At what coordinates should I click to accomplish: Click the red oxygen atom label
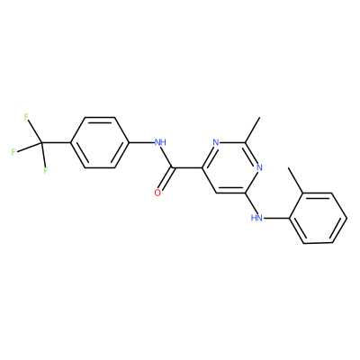click(x=157, y=193)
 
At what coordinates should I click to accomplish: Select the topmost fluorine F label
click(x=26, y=117)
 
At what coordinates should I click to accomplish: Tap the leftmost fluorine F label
click(x=13, y=152)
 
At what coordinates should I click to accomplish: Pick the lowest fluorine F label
click(x=46, y=171)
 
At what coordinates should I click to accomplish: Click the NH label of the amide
click(x=160, y=142)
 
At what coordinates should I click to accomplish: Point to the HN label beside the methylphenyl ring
click(x=256, y=218)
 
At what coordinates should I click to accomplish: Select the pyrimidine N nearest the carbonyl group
click(x=216, y=142)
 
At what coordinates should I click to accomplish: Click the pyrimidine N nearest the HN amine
click(x=259, y=167)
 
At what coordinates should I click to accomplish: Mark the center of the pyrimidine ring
click(x=231, y=167)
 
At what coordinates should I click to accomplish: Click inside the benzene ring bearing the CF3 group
click(x=100, y=142)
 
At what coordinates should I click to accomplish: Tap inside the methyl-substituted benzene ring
click(x=318, y=218)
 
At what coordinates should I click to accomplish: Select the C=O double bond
click(x=165, y=179)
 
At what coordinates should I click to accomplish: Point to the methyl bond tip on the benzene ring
click(x=289, y=168)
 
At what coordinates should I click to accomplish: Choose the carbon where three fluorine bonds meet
click(x=41, y=142)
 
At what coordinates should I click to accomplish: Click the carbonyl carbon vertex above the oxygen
click(x=173, y=167)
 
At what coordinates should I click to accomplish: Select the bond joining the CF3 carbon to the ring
click(x=56, y=142)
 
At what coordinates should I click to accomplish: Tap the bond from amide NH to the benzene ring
click(x=141, y=142)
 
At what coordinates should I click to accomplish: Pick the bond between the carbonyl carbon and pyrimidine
click(x=187, y=167)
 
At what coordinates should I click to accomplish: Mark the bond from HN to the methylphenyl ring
click(x=276, y=218)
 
